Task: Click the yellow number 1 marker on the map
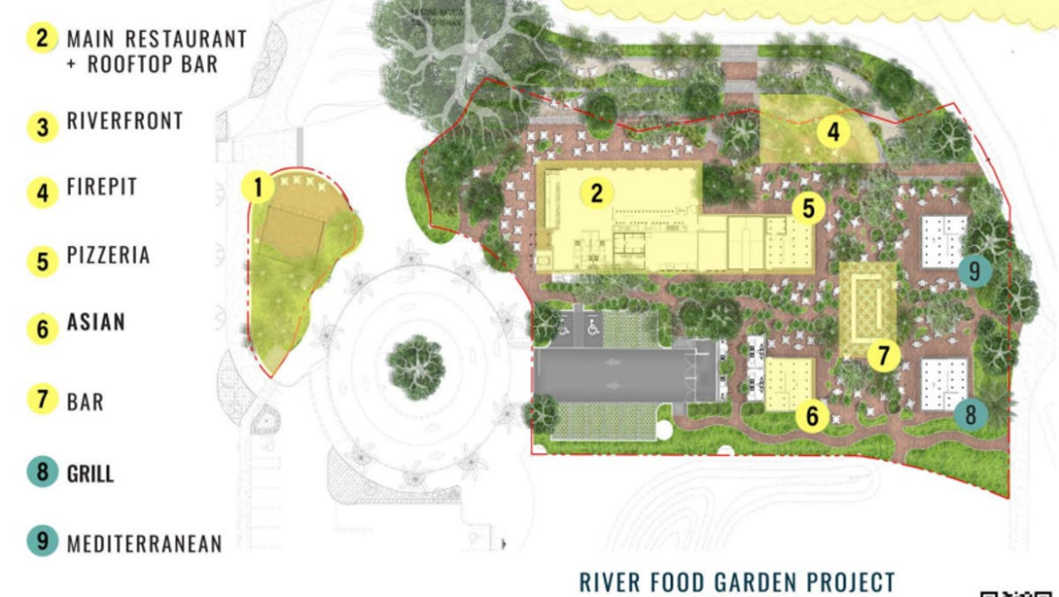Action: [x=259, y=188]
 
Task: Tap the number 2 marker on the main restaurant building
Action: [x=596, y=192]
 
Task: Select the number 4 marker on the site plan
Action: [x=833, y=133]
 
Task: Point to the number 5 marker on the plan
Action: [x=807, y=209]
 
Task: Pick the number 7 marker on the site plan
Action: [x=883, y=355]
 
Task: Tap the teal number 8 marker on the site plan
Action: [x=970, y=414]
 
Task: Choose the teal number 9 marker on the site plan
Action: [x=973, y=270]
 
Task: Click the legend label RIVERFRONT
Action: [x=125, y=121]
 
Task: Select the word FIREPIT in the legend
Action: [x=101, y=188]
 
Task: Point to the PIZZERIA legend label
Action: [x=108, y=256]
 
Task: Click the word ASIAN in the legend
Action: [x=96, y=323]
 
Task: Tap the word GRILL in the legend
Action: [x=90, y=473]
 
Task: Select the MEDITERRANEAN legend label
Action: [x=144, y=543]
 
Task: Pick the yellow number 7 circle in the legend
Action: [x=42, y=400]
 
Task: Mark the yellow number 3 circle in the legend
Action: [x=42, y=126]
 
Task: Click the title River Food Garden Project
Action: [x=737, y=581]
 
